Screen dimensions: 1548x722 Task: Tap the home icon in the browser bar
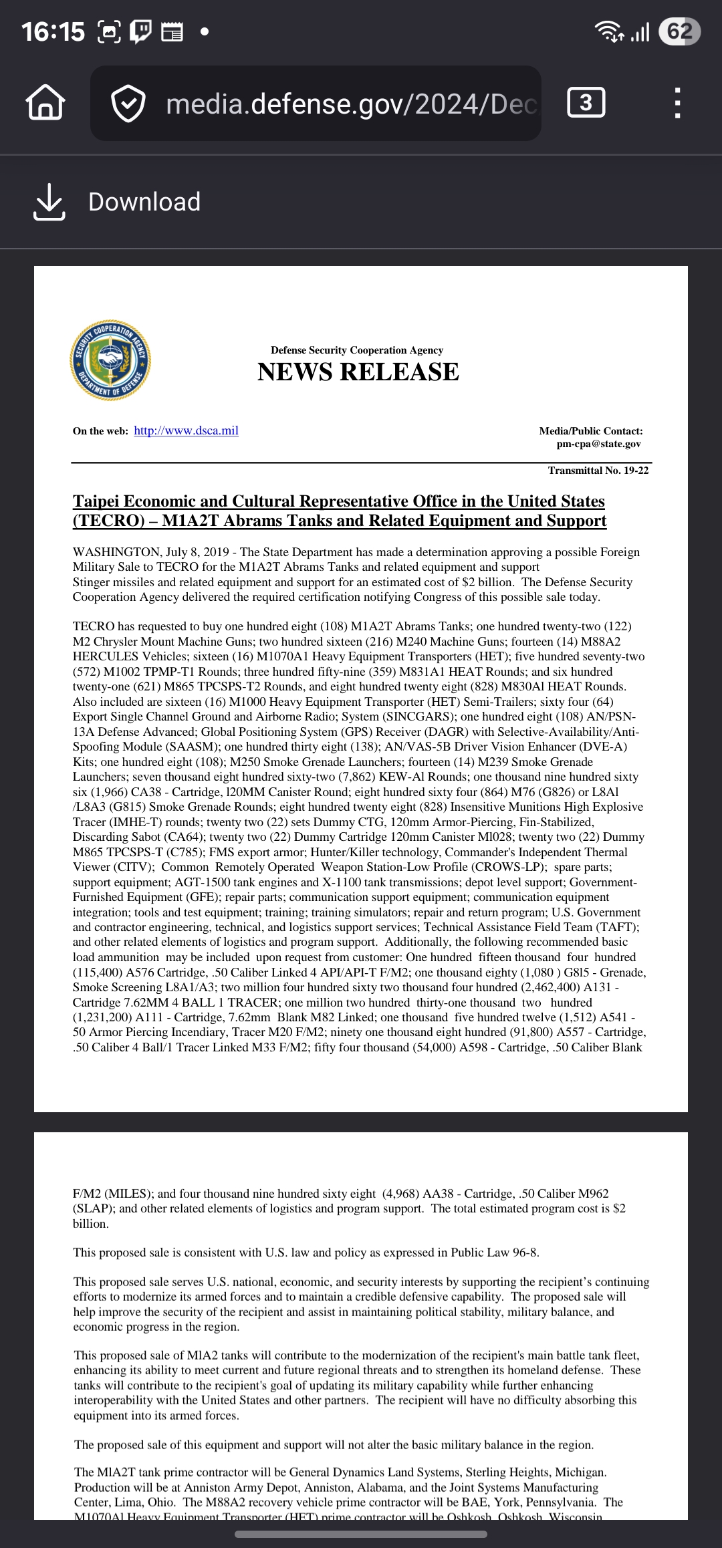pos(45,104)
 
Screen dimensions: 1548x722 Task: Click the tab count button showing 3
pos(586,103)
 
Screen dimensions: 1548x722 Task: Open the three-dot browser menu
pos(677,104)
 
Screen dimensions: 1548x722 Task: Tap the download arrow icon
pos(49,202)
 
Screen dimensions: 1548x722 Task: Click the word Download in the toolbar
pos(144,202)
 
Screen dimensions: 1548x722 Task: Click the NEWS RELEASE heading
pos(358,372)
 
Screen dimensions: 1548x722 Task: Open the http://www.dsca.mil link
pos(186,430)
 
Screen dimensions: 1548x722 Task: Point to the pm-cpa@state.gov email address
pos(598,444)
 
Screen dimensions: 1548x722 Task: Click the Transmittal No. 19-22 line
pos(598,471)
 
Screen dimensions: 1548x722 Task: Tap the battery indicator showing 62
pos(679,31)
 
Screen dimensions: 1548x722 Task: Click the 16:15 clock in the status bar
pos(53,31)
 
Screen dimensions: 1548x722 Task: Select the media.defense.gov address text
pos(351,104)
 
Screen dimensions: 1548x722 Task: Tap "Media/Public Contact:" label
pos(591,431)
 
